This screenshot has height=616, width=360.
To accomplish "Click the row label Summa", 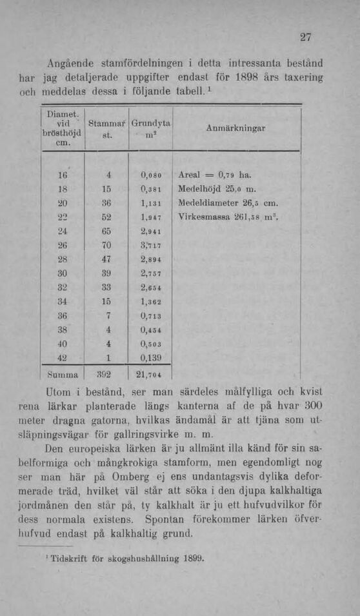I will [61, 373].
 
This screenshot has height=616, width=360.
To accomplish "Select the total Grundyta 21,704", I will [151, 374].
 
